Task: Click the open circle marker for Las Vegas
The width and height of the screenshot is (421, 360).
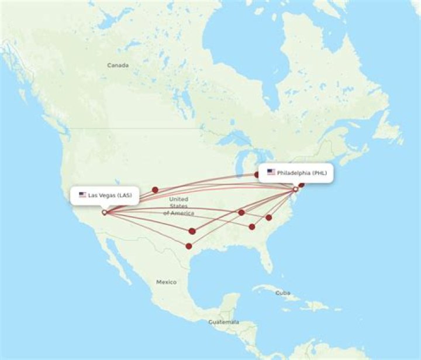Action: pos(104,212)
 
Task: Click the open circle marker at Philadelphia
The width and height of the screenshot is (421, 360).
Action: pos(295,189)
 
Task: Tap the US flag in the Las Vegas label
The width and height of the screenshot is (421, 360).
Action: pos(82,194)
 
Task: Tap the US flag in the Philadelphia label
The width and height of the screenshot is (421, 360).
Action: pos(271,172)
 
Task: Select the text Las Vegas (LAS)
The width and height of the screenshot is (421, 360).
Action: pos(110,195)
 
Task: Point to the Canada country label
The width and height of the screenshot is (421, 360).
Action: pos(118,66)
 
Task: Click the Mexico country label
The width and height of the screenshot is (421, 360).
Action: pos(166,282)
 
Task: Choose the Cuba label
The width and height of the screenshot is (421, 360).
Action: pos(282,293)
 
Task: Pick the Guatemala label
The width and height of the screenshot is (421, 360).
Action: pos(224,322)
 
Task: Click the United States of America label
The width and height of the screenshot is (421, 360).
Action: pos(178,206)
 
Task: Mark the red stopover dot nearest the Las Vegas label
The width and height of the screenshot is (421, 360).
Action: pos(155,190)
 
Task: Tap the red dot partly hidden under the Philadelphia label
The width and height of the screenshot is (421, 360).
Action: pos(257,174)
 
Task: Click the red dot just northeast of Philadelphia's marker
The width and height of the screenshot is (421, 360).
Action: pos(302,185)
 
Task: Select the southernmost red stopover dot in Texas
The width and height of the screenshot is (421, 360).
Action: pos(188,246)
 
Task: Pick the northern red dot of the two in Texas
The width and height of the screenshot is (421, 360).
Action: pos(192,231)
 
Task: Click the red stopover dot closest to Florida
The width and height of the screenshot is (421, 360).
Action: pos(252,227)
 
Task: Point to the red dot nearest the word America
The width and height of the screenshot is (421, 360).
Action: pos(241,212)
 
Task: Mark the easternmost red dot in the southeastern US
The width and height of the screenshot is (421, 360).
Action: pos(269,217)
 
